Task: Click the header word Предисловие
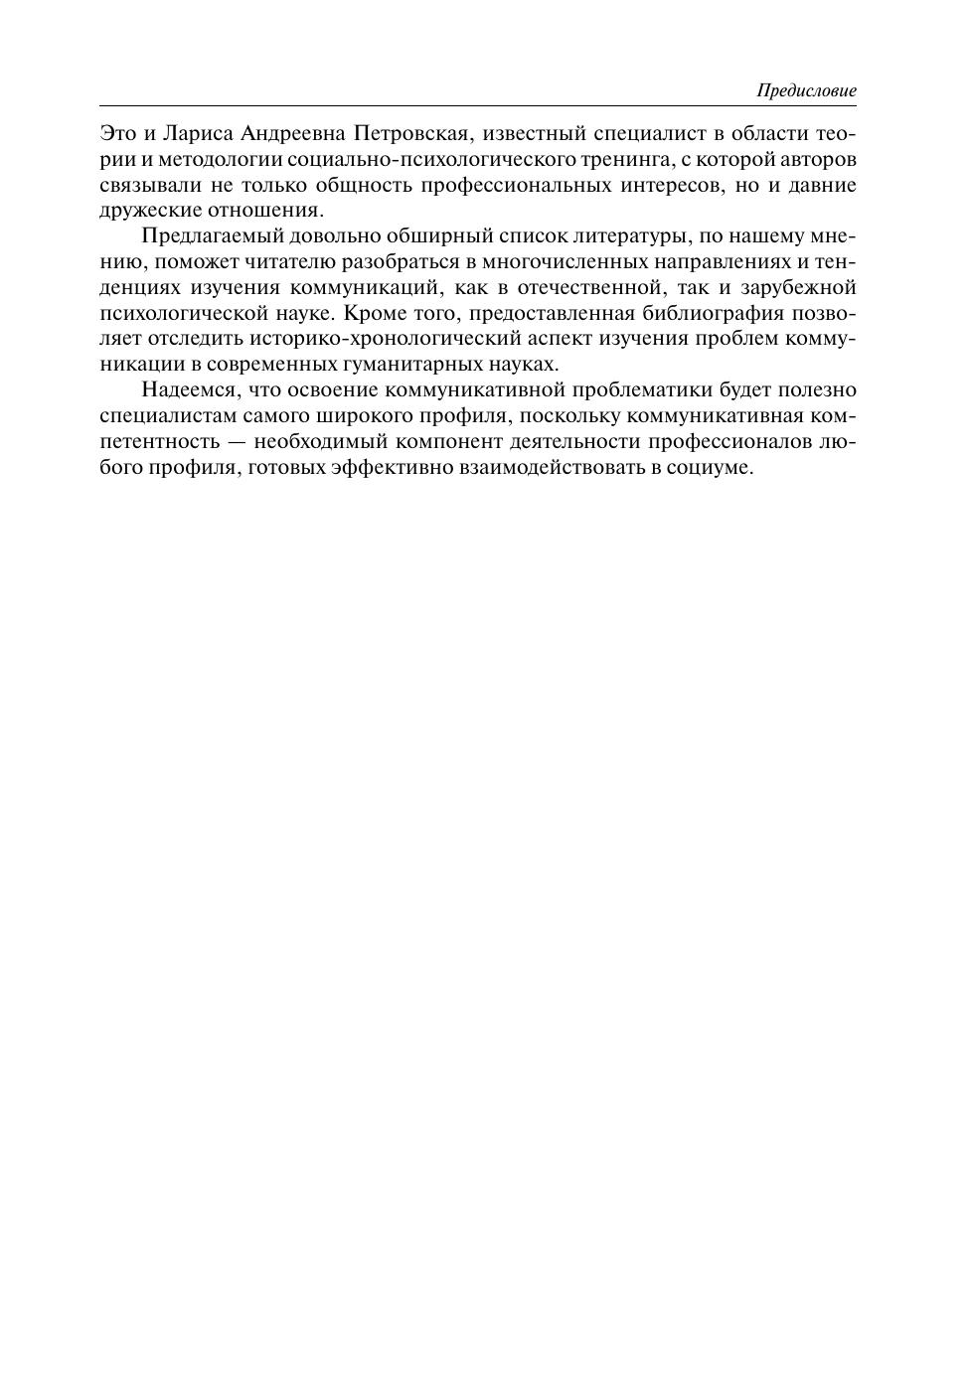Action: [806, 90]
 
